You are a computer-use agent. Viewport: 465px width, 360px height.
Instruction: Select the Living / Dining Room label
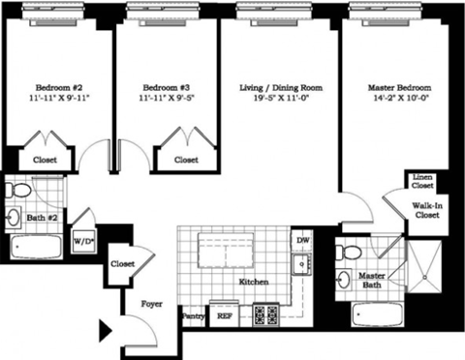click(x=280, y=87)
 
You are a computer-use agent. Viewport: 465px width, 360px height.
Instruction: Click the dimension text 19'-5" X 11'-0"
click(x=280, y=99)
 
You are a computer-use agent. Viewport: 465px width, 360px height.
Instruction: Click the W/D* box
click(x=83, y=238)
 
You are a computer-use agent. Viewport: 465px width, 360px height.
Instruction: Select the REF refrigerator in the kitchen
click(x=224, y=315)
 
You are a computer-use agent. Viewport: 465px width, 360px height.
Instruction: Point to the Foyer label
click(x=149, y=301)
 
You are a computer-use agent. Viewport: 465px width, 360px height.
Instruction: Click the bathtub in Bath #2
click(x=37, y=246)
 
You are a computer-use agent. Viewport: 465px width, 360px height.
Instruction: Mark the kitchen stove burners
click(x=264, y=314)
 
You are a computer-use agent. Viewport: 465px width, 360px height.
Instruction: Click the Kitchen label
click(x=253, y=282)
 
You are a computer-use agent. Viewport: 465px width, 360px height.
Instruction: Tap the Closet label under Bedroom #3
click(x=187, y=160)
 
